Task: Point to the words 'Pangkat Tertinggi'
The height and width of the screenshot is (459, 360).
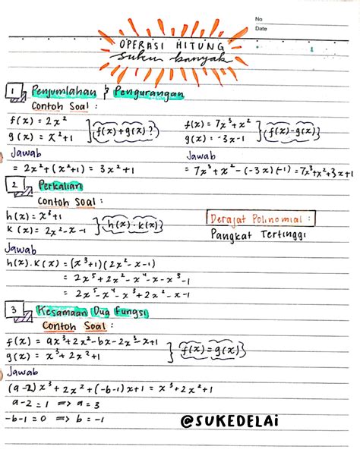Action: (258, 236)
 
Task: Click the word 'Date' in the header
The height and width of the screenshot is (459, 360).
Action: (261, 28)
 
